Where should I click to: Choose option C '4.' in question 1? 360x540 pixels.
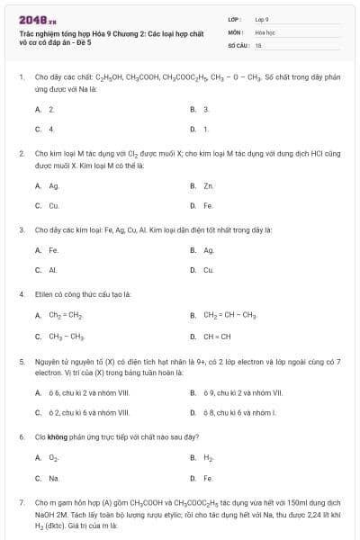point(51,129)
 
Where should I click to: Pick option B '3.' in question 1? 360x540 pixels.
point(206,109)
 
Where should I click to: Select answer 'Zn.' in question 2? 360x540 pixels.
point(208,186)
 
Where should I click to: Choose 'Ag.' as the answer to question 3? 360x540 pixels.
point(209,250)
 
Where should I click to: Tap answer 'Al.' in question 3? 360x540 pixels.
point(53,270)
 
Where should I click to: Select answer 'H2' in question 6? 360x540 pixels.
point(208,457)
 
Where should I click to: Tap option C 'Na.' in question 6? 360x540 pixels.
point(54,478)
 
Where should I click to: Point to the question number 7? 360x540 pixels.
point(21,502)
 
